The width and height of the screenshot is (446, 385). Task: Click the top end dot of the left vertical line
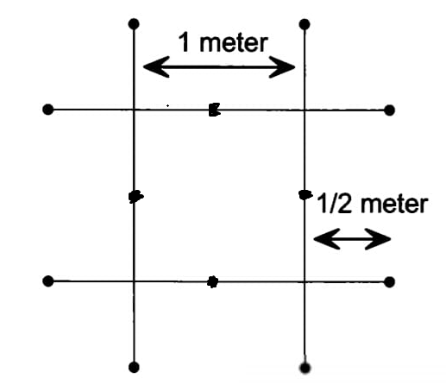pyautogui.click(x=134, y=24)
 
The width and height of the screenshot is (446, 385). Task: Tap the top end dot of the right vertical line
pyautogui.click(x=305, y=24)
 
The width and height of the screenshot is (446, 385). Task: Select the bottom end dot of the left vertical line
pyautogui.click(x=134, y=368)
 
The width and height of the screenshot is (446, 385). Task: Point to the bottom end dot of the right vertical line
pyautogui.click(x=305, y=368)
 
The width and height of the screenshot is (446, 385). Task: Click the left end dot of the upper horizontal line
pyautogui.click(x=48, y=110)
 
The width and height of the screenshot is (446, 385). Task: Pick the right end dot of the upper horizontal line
pyautogui.click(x=389, y=110)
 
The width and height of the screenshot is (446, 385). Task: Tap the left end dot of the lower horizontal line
pyautogui.click(x=48, y=281)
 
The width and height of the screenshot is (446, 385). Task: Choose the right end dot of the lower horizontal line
pyautogui.click(x=389, y=282)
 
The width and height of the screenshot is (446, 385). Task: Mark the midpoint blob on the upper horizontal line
pyautogui.click(x=214, y=110)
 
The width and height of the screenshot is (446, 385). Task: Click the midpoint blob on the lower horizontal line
pyautogui.click(x=213, y=282)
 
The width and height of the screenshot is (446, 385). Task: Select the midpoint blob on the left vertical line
pyautogui.click(x=135, y=197)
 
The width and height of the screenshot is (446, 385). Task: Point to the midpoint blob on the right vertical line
pyautogui.click(x=305, y=195)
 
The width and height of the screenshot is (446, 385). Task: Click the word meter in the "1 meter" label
pyautogui.click(x=234, y=43)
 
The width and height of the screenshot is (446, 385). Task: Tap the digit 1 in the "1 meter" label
pyautogui.click(x=185, y=42)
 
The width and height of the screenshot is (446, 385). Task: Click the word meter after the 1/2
pyautogui.click(x=394, y=205)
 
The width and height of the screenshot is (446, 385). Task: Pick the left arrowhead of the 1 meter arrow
pyautogui.click(x=156, y=67)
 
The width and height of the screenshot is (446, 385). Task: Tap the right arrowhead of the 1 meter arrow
pyautogui.click(x=282, y=67)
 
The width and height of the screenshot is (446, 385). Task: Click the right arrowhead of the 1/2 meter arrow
pyautogui.click(x=378, y=239)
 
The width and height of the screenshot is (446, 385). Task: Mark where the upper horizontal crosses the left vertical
pyautogui.click(x=134, y=110)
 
